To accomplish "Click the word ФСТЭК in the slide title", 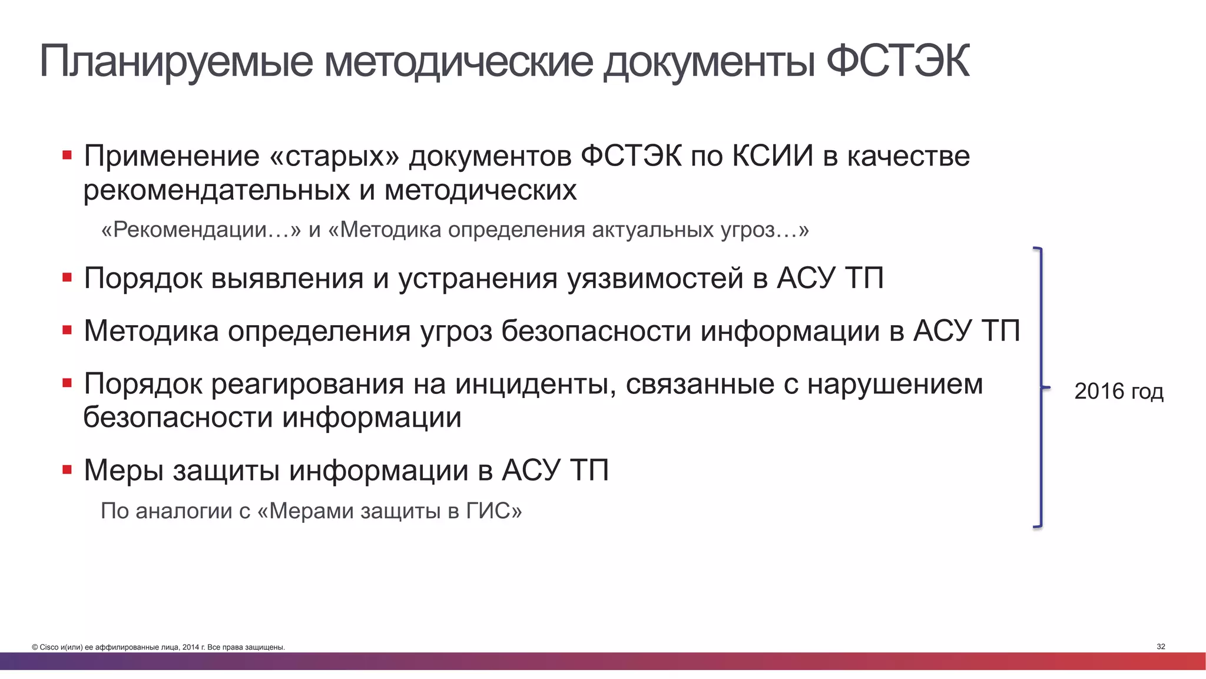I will (897, 61).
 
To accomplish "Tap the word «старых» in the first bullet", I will (333, 156).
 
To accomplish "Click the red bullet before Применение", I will (67, 155).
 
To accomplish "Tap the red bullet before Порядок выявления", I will (67, 277).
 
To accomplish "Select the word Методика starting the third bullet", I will (151, 331).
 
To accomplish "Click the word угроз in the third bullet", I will (456, 331).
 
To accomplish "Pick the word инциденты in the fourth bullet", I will (535, 384).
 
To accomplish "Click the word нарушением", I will (894, 384).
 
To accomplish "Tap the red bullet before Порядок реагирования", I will (67, 383).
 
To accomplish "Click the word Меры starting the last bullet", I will (123, 470).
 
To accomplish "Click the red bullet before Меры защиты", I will (67, 469).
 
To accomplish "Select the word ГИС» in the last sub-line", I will (493, 511).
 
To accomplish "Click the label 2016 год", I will (1118, 391).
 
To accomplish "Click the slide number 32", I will (1161, 647).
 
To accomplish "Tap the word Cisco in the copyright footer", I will (49, 647).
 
